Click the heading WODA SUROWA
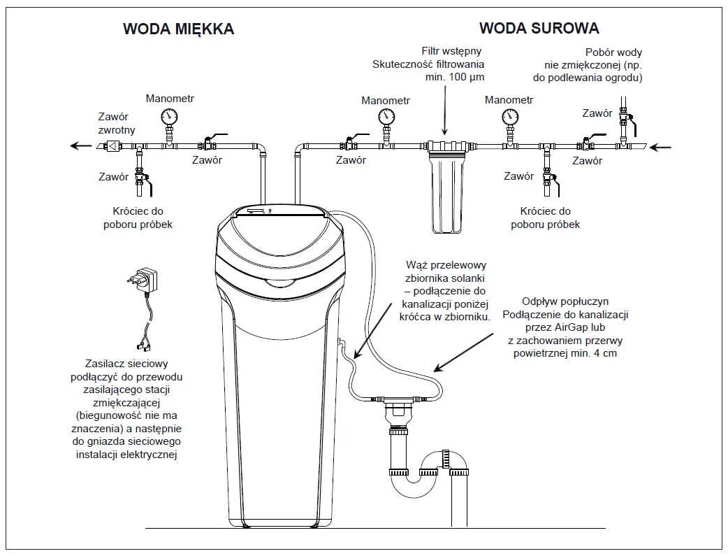click(x=539, y=28)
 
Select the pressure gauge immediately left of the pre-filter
click(x=386, y=117)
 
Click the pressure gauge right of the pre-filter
click(x=509, y=117)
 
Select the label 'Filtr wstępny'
click(x=451, y=52)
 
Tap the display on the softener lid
click(x=255, y=210)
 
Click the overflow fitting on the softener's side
click(x=337, y=343)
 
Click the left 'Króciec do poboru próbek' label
click(x=142, y=218)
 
